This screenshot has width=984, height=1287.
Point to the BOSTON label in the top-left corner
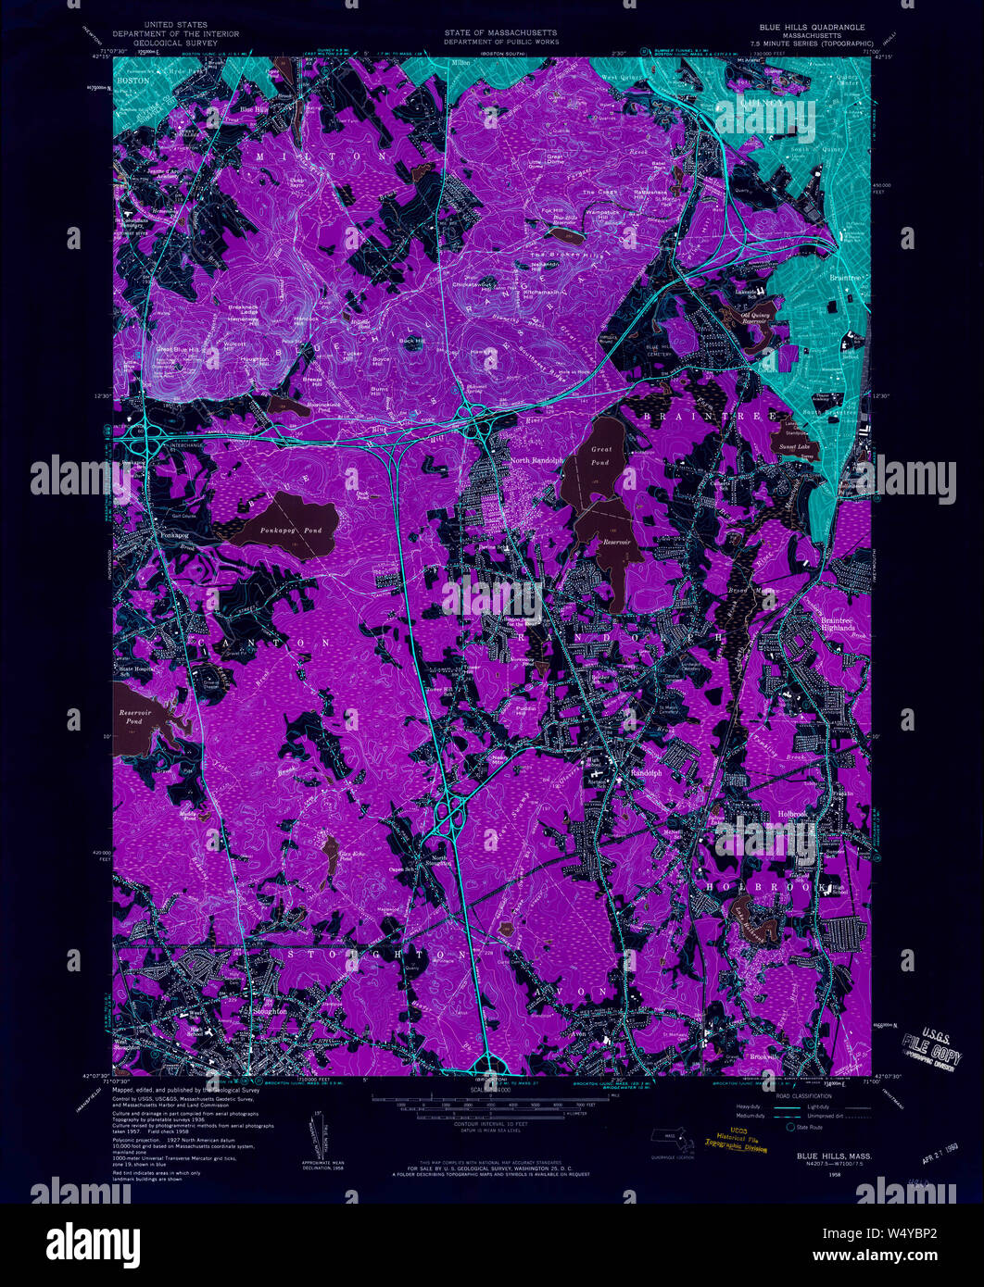tap(133, 81)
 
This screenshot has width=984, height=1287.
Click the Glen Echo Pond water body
tap(330, 844)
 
